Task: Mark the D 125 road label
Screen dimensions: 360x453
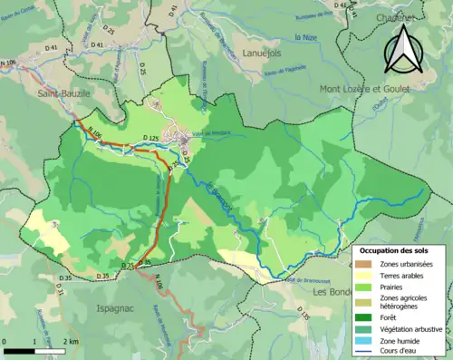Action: click(153, 138)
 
